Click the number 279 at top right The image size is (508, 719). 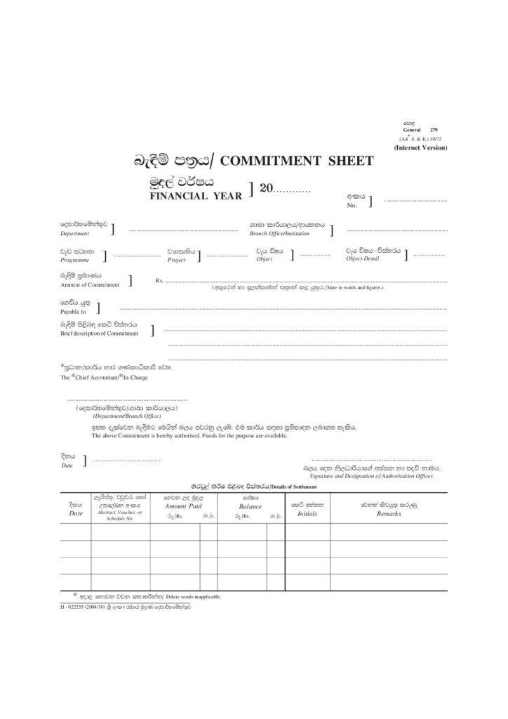click(x=433, y=131)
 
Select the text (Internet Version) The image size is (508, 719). click(x=420, y=147)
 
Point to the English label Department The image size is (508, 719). click(x=75, y=232)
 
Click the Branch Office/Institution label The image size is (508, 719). click(x=279, y=232)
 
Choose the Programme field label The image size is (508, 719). click(x=75, y=259)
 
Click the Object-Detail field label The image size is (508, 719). click(x=363, y=259)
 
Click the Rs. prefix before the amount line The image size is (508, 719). click(x=159, y=281)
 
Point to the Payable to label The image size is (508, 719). click(x=74, y=310)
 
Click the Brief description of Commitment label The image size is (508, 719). click(x=99, y=334)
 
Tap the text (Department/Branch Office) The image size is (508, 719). click(x=123, y=416)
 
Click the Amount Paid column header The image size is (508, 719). click(x=183, y=506)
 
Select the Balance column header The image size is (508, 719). click(x=250, y=506)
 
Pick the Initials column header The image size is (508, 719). click(x=307, y=514)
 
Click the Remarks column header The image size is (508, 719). click(x=389, y=514)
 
